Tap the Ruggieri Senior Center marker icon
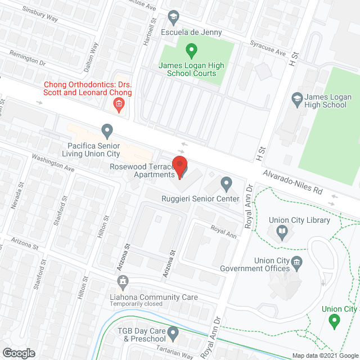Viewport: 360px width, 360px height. tap(226, 183)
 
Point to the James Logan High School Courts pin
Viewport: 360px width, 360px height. tap(191, 51)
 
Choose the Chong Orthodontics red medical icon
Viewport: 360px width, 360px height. tap(119, 103)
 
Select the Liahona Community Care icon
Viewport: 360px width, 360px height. tap(122, 281)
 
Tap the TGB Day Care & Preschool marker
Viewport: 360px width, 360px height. tap(173, 335)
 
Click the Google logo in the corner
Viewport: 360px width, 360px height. tap(18, 353)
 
